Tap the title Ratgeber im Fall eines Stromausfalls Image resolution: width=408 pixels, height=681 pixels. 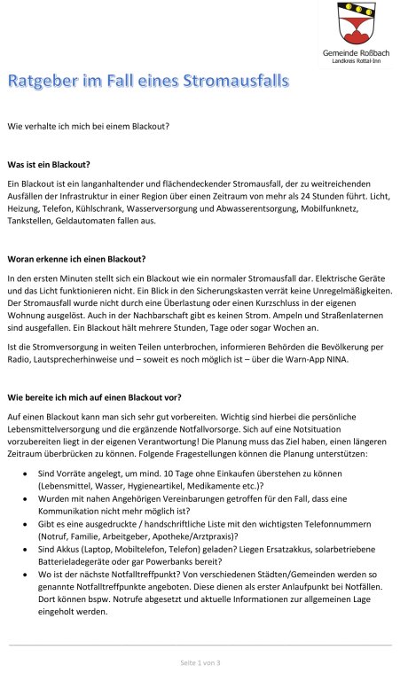coord(148,83)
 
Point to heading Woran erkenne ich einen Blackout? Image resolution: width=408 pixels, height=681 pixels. coord(76,259)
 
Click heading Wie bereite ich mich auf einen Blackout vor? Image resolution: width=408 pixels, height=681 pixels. coord(96,398)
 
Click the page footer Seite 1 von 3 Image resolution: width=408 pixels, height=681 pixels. coord(200,662)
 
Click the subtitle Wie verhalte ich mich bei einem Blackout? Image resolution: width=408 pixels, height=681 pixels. coord(88,125)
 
